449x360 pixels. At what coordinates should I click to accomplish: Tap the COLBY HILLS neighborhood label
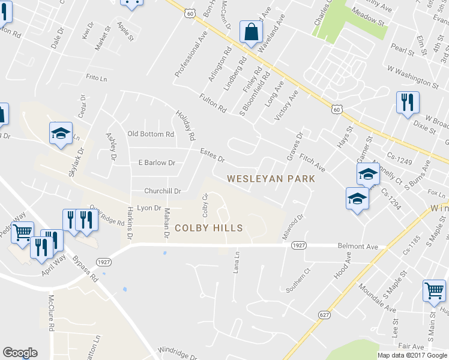pos(209,228)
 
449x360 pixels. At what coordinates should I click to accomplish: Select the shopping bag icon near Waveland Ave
pos(250,32)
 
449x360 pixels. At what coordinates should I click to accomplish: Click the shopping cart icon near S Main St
pos(434,291)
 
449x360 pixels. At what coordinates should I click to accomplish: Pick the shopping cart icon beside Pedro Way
pos(22,232)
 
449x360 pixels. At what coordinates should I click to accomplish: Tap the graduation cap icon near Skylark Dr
pos(61,134)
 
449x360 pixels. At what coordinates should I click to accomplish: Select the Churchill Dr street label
pos(162,191)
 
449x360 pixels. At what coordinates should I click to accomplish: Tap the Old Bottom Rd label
pos(151,134)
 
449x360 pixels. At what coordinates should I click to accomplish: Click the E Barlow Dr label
pos(156,163)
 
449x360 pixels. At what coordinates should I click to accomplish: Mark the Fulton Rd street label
pos(214,102)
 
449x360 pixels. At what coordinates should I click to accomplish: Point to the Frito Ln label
pos(95,77)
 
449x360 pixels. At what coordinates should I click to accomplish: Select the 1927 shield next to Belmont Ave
pos(300,246)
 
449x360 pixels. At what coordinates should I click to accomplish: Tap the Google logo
pos(19,353)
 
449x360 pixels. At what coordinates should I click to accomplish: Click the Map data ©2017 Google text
pos(412,355)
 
